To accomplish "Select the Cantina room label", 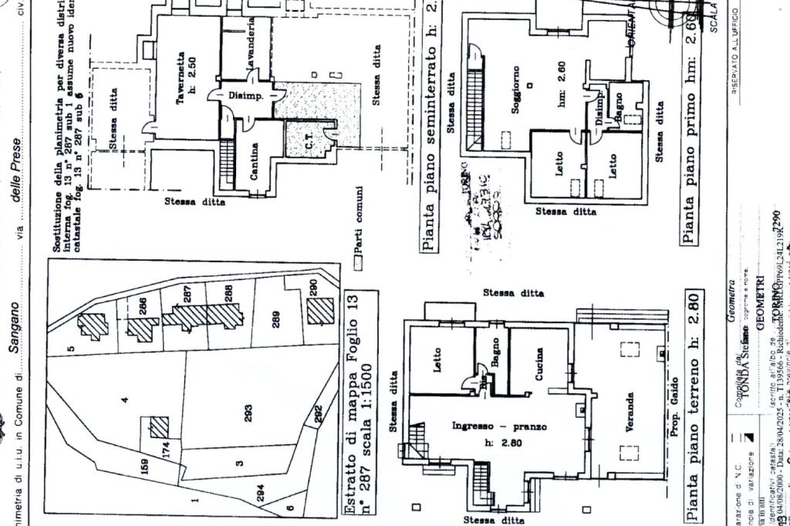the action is click(x=254, y=162).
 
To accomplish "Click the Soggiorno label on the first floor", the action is click(x=515, y=89).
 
